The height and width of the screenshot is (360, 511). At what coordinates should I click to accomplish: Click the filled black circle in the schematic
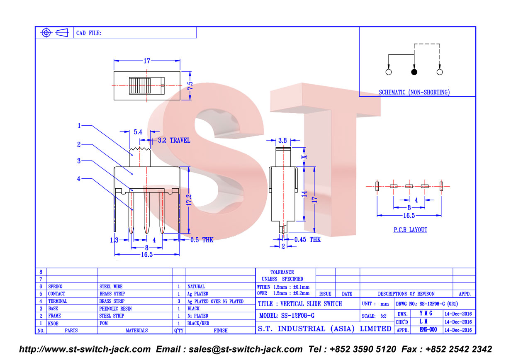414,72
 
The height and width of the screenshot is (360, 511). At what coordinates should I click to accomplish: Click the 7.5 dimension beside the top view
190,86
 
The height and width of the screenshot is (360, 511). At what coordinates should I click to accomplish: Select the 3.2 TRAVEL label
174,140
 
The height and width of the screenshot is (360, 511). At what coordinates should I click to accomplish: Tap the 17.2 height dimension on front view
189,200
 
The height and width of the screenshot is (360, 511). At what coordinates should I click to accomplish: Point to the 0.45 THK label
307,239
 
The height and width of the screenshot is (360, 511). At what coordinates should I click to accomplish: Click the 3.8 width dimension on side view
282,141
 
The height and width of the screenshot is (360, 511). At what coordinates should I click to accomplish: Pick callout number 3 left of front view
79,161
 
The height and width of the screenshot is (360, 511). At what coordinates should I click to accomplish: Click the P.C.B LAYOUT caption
410,230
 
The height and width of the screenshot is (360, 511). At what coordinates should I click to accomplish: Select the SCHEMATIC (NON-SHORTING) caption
414,92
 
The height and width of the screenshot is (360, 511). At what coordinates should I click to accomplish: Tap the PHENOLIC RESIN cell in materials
115,309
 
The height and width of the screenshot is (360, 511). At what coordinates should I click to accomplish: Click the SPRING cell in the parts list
55,287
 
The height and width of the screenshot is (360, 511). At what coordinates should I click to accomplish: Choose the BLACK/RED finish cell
198,323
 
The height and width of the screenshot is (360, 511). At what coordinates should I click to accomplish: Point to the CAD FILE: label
88,33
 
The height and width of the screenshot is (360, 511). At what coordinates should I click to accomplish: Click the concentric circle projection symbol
46,33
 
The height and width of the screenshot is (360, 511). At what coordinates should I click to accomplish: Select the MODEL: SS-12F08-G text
287,316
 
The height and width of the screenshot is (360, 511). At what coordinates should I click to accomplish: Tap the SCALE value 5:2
383,316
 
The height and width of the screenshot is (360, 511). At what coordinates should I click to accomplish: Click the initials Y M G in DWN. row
426,314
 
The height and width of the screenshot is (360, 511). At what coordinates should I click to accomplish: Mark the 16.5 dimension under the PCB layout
409,216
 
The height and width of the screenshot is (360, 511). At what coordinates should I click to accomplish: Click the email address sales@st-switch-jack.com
246,350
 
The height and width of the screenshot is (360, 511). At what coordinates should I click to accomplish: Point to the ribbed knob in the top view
140,86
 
